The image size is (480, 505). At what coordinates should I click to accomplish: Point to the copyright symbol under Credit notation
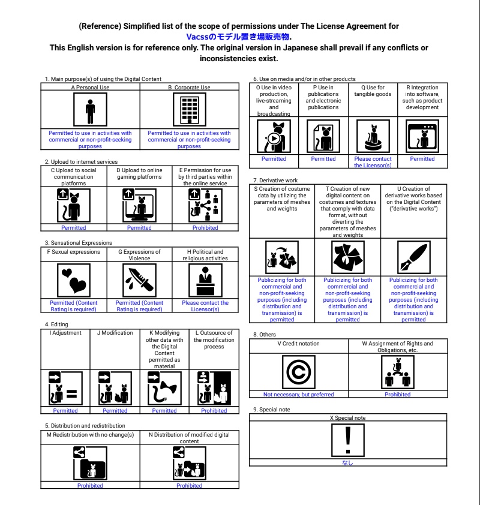(x=298, y=372)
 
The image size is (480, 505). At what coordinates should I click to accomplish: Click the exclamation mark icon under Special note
(x=347, y=440)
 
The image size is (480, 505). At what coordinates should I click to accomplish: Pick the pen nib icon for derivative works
(x=413, y=257)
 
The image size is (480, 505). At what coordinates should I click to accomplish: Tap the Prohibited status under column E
(x=205, y=228)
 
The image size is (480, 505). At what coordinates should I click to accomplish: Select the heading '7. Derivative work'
(x=275, y=180)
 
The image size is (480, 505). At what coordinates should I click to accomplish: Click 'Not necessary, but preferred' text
(x=298, y=395)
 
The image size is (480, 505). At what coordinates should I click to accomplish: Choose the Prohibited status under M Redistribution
(x=90, y=486)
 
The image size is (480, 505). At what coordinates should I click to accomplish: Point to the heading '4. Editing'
(x=56, y=324)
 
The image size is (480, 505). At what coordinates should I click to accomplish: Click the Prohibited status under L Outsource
(x=214, y=411)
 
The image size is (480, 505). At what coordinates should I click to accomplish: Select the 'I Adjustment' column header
(x=65, y=333)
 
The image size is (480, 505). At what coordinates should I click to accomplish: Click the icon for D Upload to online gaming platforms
(x=139, y=205)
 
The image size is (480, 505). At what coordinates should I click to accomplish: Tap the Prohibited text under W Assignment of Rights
(x=397, y=395)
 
